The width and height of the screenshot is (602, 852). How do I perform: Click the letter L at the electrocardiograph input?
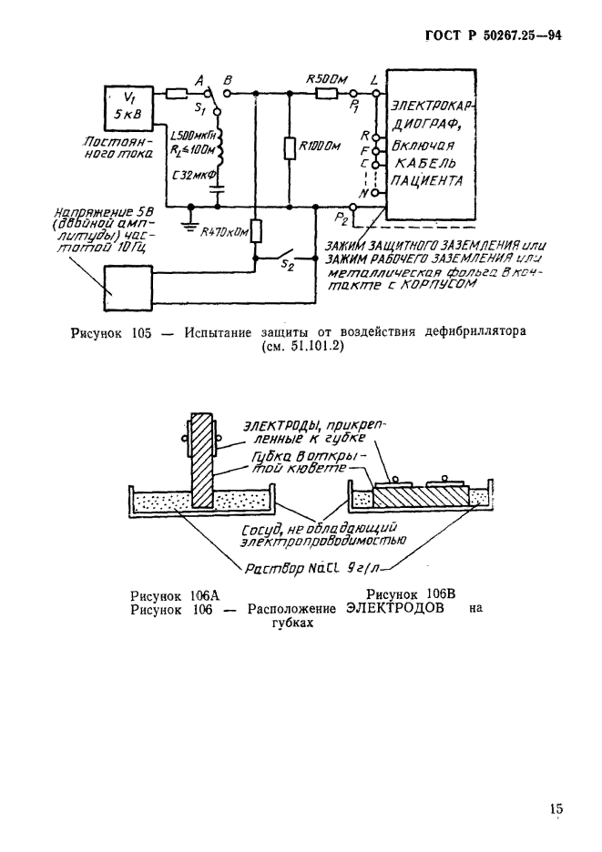point(375,80)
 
